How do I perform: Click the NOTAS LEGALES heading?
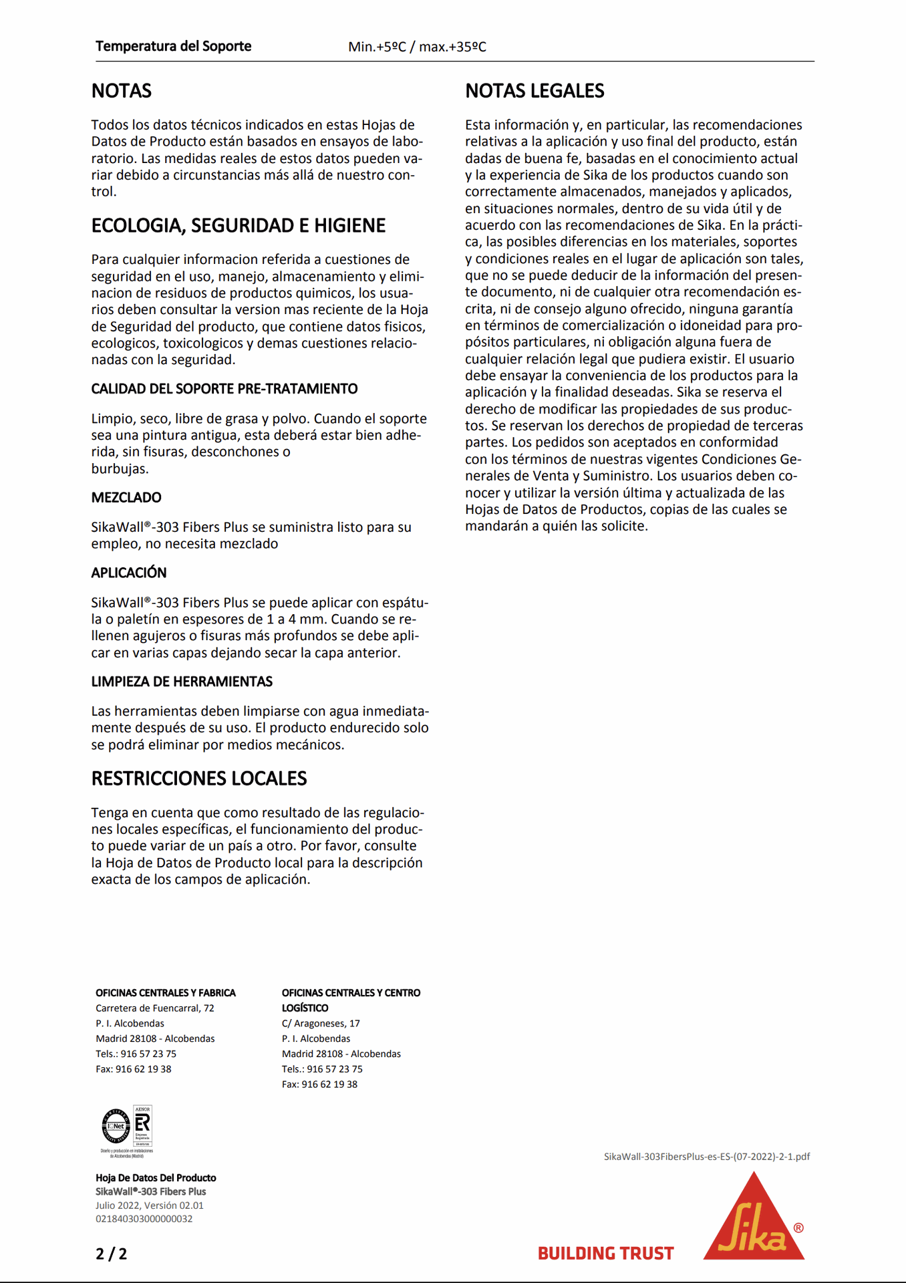pyautogui.click(x=535, y=91)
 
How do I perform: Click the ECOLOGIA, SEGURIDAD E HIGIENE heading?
pyautogui.click(x=238, y=226)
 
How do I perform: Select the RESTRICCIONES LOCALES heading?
pyautogui.click(x=198, y=778)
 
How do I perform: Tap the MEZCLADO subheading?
pyautogui.click(x=126, y=498)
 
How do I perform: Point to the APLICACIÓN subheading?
pyautogui.click(x=129, y=573)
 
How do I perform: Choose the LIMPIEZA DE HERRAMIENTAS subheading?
pyautogui.click(x=182, y=682)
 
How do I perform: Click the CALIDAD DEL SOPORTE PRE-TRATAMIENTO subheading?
pyautogui.click(x=224, y=389)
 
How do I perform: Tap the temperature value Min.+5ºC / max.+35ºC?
pyautogui.click(x=417, y=47)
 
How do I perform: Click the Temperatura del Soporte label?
pyautogui.click(x=173, y=46)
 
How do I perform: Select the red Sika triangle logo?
pyautogui.click(x=754, y=1220)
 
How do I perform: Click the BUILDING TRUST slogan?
pyautogui.click(x=605, y=1254)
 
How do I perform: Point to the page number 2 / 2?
pyautogui.click(x=111, y=1254)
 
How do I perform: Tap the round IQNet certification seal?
pyautogui.click(x=116, y=1126)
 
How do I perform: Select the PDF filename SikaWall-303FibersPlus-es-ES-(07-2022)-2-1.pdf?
pyautogui.click(x=706, y=1157)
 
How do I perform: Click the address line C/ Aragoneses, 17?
pyautogui.click(x=321, y=1023)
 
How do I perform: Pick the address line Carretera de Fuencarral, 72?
pyautogui.click(x=154, y=1008)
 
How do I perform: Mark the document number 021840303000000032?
pyautogui.click(x=144, y=1219)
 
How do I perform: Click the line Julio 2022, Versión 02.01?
pyautogui.click(x=149, y=1205)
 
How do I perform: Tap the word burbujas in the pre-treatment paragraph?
pyautogui.click(x=118, y=469)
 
